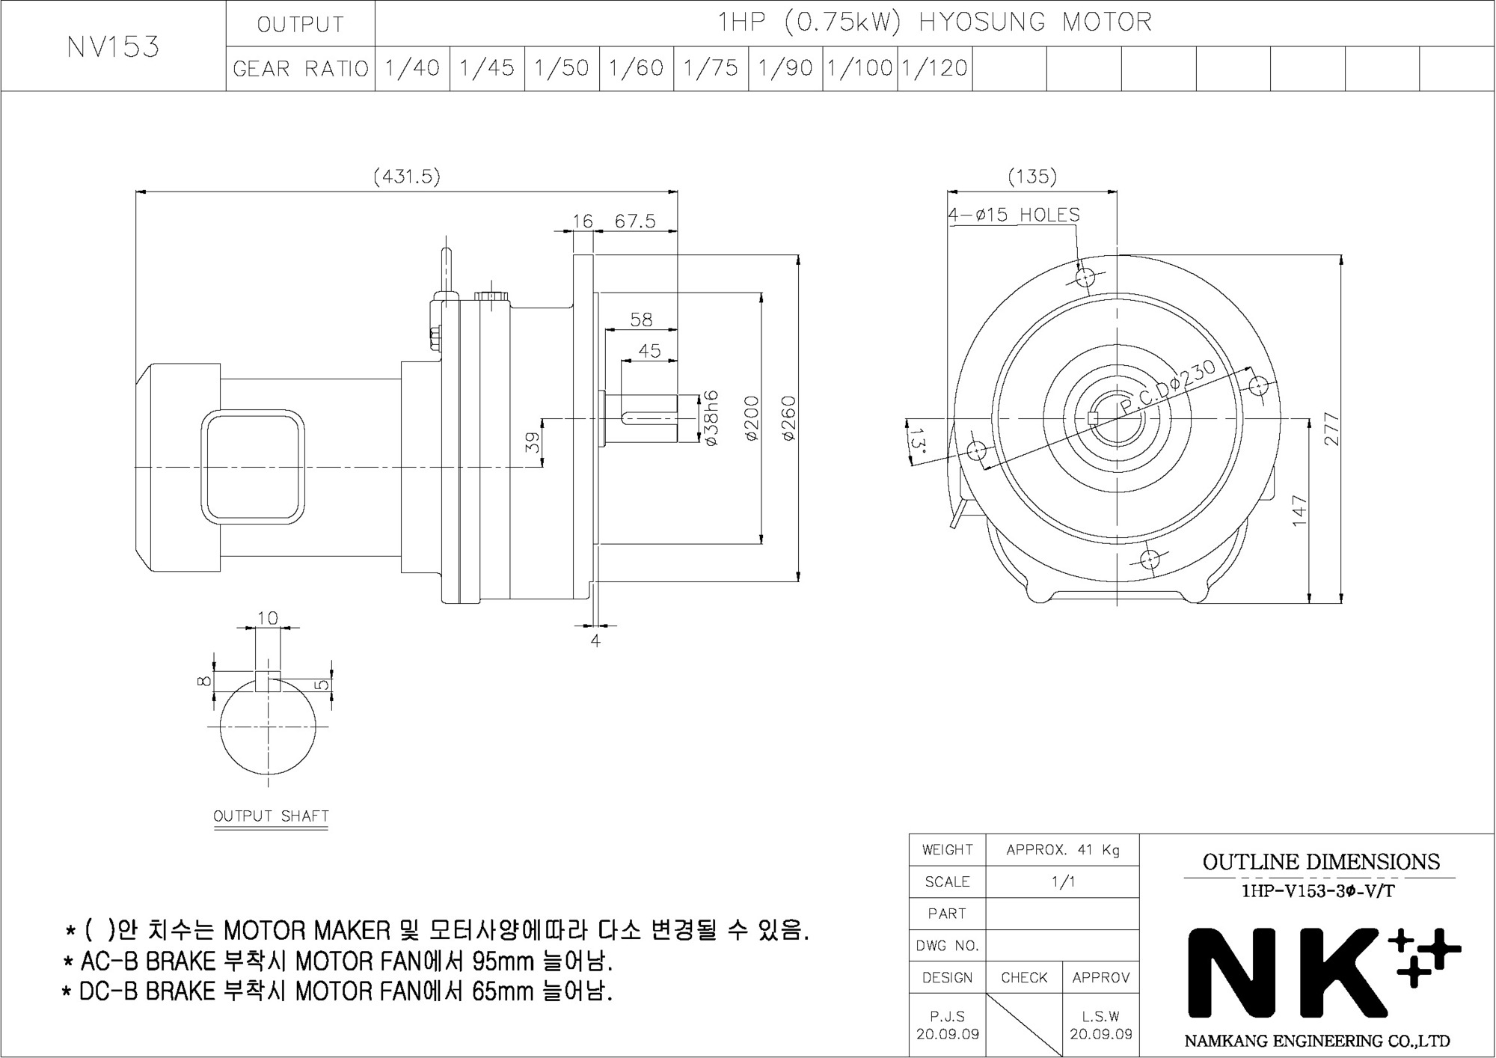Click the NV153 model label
pos(113,47)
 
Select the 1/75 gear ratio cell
pos(711,69)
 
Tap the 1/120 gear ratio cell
pos(934,69)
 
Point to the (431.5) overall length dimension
pos(406,177)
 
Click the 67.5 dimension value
pos(635,221)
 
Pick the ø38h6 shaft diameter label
pos(711,418)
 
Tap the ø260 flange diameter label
pos(789,418)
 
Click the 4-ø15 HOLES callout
pos(1014,215)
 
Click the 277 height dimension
pos(1331,429)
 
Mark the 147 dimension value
pos(1299,511)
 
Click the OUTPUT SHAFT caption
pos(271,816)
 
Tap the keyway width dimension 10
pos(267,618)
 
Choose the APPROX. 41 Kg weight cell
pos(1062,850)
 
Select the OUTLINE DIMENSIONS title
pos(1321,862)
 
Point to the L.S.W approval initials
pos(1100,1016)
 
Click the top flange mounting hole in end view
pos(1085,278)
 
